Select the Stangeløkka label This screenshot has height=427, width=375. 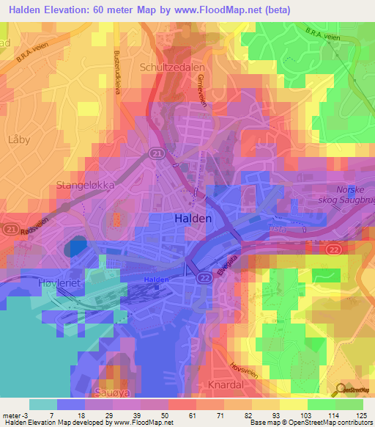click(x=86, y=186)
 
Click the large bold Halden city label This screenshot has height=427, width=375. click(x=193, y=219)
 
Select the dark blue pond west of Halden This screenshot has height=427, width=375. click(x=75, y=247)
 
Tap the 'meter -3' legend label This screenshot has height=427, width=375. click(x=15, y=415)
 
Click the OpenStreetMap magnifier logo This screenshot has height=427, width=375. click(x=341, y=388)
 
